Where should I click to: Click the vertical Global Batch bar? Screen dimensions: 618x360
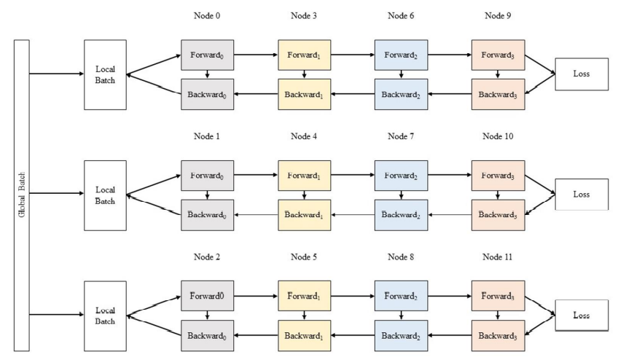click(22, 195)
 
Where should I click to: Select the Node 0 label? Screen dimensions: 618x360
click(207, 16)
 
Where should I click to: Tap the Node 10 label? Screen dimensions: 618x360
click(498, 136)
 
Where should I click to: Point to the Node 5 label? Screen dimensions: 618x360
click(304, 257)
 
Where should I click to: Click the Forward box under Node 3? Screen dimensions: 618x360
click(305, 55)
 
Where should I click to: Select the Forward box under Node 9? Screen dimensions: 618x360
click(498, 55)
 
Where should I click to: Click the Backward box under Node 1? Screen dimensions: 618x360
click(207, 215)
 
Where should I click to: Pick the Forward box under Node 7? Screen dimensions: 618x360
click(402, 176)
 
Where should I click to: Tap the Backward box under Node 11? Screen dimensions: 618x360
click(498, 335)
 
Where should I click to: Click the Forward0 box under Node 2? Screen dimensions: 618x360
click(207, 296)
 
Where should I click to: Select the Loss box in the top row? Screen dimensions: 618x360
click(582, 74)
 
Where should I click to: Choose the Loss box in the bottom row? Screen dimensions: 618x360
click(582, 315)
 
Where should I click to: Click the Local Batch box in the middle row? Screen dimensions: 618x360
click(105, 195)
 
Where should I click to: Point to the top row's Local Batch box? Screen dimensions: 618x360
click(105, 74)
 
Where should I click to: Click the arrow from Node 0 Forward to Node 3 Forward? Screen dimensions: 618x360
click(256, 55)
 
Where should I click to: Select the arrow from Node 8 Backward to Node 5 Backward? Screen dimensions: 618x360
click(353, 335)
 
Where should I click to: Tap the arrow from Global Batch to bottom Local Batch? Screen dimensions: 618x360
click(57, 315)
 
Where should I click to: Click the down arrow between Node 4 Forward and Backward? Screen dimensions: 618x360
click(305, 195)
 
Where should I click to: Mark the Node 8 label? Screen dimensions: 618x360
click(401, 257)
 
